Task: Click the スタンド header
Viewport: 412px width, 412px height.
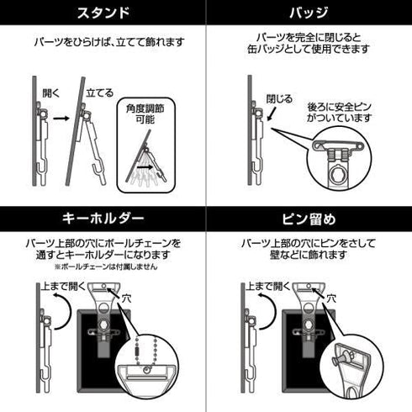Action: (x=102, y=14)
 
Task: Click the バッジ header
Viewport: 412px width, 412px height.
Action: (x=309, y=14)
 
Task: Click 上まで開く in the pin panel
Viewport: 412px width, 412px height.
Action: (x=267, y=286)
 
